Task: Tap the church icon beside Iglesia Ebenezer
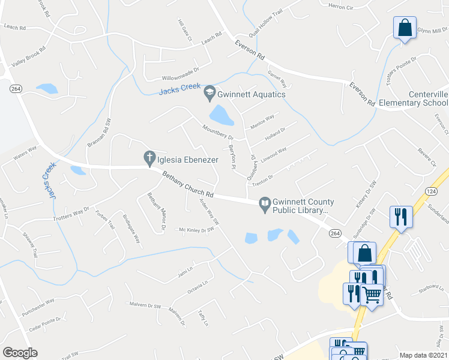149,158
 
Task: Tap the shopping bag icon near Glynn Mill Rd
405,28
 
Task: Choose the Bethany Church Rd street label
188,185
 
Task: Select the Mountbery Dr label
201,128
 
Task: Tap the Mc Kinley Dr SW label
197,230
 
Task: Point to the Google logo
20,352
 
